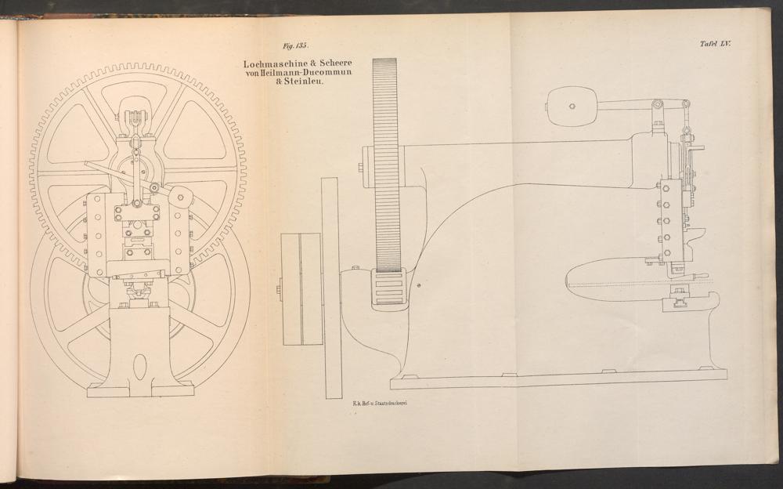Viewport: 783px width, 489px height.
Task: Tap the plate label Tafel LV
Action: pyautogui.click(x=715, y=44)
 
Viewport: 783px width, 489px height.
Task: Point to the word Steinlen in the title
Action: pyautogui.click(x=304, y=81)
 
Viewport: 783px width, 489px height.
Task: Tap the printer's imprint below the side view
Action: pyautogui.click(x=380, y=403)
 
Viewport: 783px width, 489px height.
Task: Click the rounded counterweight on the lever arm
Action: pyautogui.click(x=572, y=106)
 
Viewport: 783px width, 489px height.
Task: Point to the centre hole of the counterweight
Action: pyautogui.click(x=572, y=106)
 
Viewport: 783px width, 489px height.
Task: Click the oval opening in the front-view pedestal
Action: pyautogui.click(x=140, y=367)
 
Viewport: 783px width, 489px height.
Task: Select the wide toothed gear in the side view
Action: pyautogui.click(x=385, y=165)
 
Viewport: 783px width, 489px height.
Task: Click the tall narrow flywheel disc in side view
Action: pyautogui.click(x=331, y=288)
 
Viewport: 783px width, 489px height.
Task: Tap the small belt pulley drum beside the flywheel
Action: pyautogui.click(x=301, y=289)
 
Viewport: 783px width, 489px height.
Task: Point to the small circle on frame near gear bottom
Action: pyautogui.click(x=418, y=285)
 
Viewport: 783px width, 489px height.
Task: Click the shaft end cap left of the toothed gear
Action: pyautogui.click(x=367, y=166)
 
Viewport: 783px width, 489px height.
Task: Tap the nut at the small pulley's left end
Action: pyautogui.click(x=279, y=289)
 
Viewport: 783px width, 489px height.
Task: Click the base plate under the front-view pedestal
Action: pyautogui.click(x=140, y=389)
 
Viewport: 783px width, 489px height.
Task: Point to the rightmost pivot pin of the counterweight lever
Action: pyautogui.click(x=686, y=104)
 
